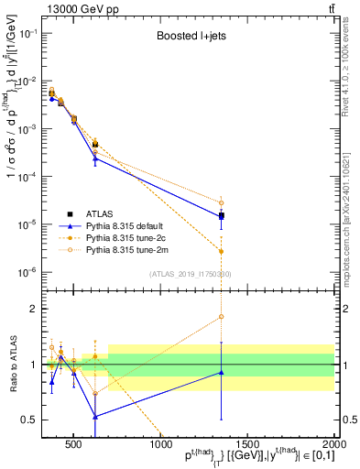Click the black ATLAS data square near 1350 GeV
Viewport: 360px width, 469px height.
[x=222, y=216]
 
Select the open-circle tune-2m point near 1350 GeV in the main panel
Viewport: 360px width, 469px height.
[x=222, y=202]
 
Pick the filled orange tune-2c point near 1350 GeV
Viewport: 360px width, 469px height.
[x=222, y=251]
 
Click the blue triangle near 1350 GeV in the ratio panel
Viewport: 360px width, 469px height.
[x=222, y=372]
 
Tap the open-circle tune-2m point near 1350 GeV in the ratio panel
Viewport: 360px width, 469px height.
[x=222, y=317]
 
